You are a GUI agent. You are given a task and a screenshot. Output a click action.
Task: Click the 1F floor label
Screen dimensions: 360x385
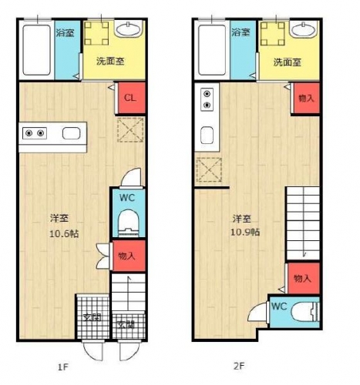coord(63,367)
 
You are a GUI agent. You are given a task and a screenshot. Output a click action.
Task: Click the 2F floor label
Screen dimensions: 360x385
coord(239,366)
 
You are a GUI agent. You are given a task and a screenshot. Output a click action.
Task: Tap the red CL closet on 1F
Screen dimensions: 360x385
coord(130,98)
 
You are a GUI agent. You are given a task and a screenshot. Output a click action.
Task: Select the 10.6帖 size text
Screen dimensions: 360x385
coord(64,234)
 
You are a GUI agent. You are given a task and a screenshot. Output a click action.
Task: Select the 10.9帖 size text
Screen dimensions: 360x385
coord(245,233)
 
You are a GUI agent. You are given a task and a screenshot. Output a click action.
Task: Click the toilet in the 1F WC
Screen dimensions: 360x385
coord(129,223)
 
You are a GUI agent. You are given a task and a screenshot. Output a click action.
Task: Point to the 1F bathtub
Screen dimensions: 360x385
coord(36,50)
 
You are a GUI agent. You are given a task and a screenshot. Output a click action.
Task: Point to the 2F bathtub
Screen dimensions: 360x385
coord(212,50)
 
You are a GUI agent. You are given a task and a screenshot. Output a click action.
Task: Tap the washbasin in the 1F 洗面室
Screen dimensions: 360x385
coord(129,29)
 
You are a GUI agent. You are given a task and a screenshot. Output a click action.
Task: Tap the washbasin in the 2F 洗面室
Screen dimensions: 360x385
coord(304,29)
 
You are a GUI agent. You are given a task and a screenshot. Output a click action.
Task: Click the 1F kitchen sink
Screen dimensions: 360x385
coord(71,133)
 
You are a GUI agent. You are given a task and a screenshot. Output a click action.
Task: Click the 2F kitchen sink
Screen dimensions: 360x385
coord(207,136)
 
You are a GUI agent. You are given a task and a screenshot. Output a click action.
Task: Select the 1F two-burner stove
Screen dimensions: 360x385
coord(35,133)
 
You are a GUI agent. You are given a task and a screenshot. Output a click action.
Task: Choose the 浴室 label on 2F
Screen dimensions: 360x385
coord(241,32)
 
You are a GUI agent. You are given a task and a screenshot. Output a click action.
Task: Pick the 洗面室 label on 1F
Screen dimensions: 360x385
coord(110,62)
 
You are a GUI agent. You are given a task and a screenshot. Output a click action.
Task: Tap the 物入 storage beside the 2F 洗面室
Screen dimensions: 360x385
coord(306,98)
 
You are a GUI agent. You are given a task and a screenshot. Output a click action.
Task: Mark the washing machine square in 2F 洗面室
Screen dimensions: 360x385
coord(272,34)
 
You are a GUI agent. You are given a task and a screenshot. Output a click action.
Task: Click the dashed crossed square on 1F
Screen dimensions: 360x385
coord(130,129)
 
